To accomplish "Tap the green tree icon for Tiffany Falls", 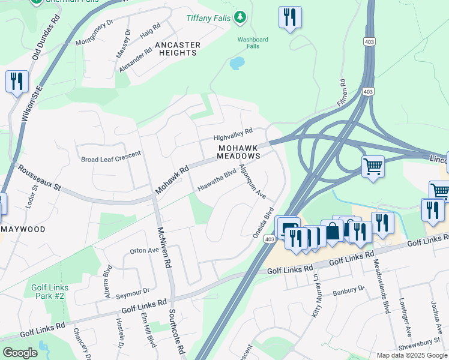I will pos(240,17).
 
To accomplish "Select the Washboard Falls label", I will pos(252,43).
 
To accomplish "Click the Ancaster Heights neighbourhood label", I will pos(177,49).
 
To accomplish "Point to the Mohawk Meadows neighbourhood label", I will pos(239,151).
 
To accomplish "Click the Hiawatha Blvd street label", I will pos(217,181).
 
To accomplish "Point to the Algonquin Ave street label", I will pos(252,181).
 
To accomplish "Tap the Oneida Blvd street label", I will pos(263,223).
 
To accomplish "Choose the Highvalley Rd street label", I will pos(234,134).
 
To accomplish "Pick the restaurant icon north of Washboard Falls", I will pos(290,17).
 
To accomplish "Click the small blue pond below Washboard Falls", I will pos(237,62).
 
